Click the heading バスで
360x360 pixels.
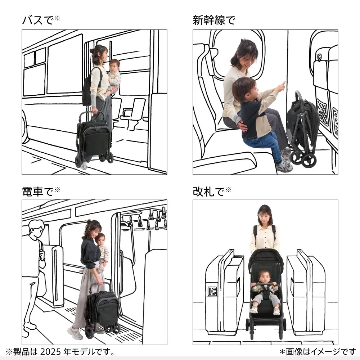[x=38, y=20]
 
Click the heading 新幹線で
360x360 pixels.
[x=214, y=20]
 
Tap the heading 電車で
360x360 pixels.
[x=38, y=192]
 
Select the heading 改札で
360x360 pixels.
[x=209, y=192]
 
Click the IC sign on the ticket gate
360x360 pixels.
[x=212, y=291]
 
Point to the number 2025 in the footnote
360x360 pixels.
[x=51, y=351]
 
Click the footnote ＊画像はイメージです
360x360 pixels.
[x=318, y=351]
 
